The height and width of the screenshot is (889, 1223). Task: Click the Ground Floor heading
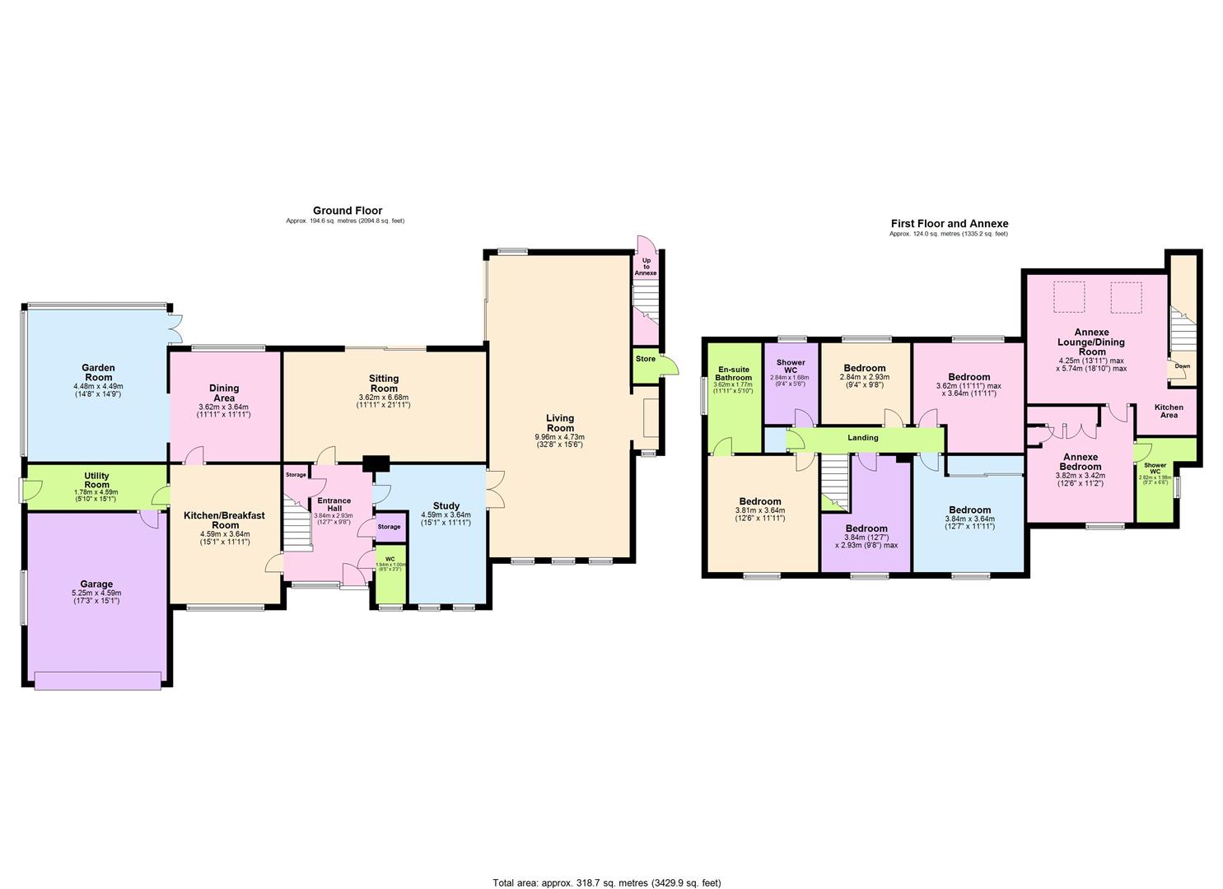(x=347, y=211)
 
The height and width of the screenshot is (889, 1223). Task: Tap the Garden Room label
(x=97, y=373)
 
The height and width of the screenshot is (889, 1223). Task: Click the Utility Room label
(x=96, y=481)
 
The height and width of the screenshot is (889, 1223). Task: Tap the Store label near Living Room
(x=646, y=359)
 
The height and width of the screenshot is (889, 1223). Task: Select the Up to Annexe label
(x=646, y=267)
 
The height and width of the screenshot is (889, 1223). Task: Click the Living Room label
(x=560, y=422)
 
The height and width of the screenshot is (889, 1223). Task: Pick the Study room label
(x=446, y=505)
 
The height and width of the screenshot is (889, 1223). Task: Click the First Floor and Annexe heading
(x=949, y=223)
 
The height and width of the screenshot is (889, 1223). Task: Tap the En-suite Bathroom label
(x=733, y=374)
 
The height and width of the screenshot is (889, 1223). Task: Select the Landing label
(x=862, y=438)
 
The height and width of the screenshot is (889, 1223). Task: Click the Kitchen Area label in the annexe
(x=1169, y=412)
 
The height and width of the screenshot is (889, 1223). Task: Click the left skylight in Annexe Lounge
(x=1068, y=297)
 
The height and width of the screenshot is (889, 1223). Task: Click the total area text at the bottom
(x=606, y=882)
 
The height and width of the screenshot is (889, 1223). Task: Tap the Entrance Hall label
(x=334, y=505)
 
